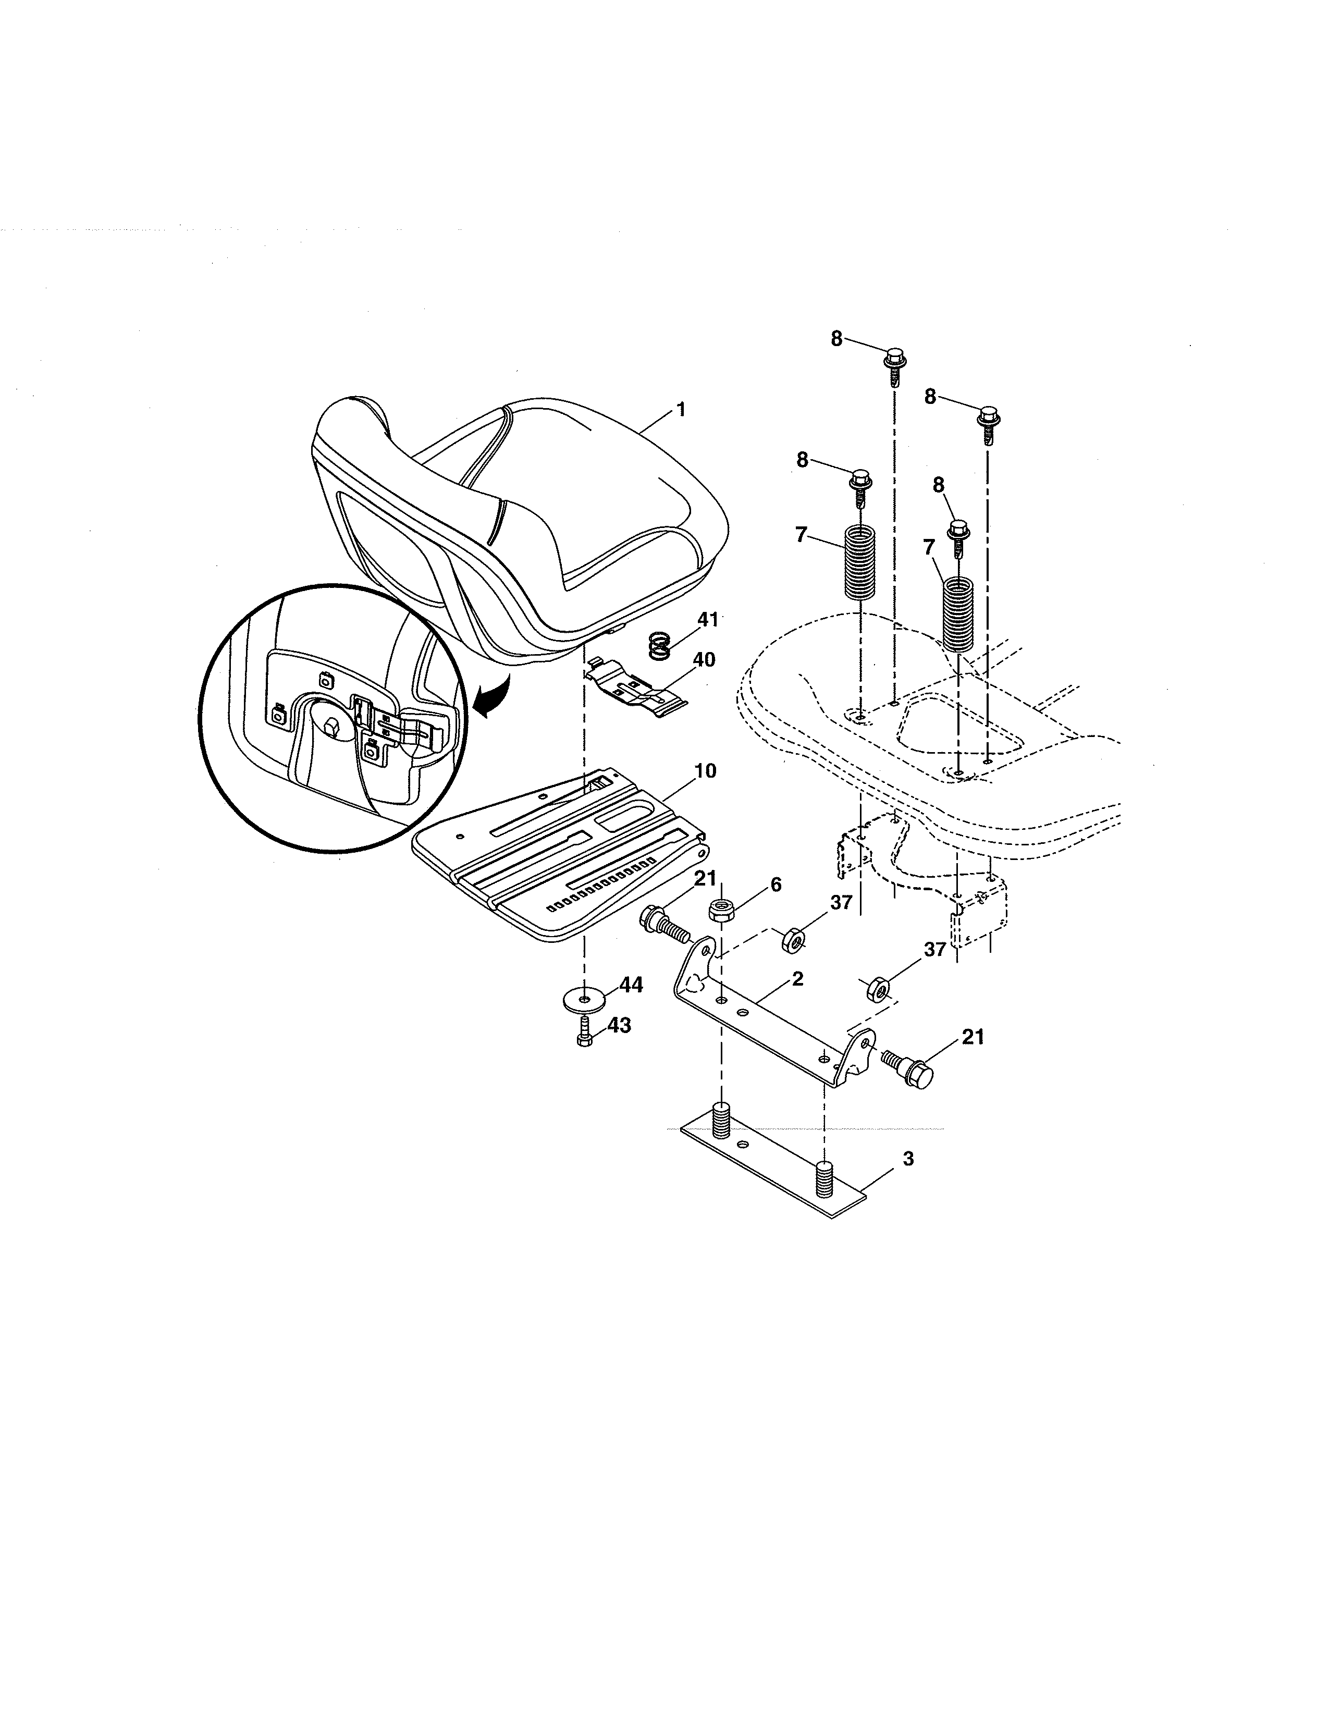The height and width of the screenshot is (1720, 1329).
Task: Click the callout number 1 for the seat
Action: (680, 410)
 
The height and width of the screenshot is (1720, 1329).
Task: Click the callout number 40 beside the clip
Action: (703, 659)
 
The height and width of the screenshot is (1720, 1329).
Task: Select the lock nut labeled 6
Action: (722, 911)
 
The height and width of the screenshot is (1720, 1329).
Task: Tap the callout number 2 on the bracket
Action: (797, 979)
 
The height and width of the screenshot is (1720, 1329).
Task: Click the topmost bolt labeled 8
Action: (895, 365)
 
